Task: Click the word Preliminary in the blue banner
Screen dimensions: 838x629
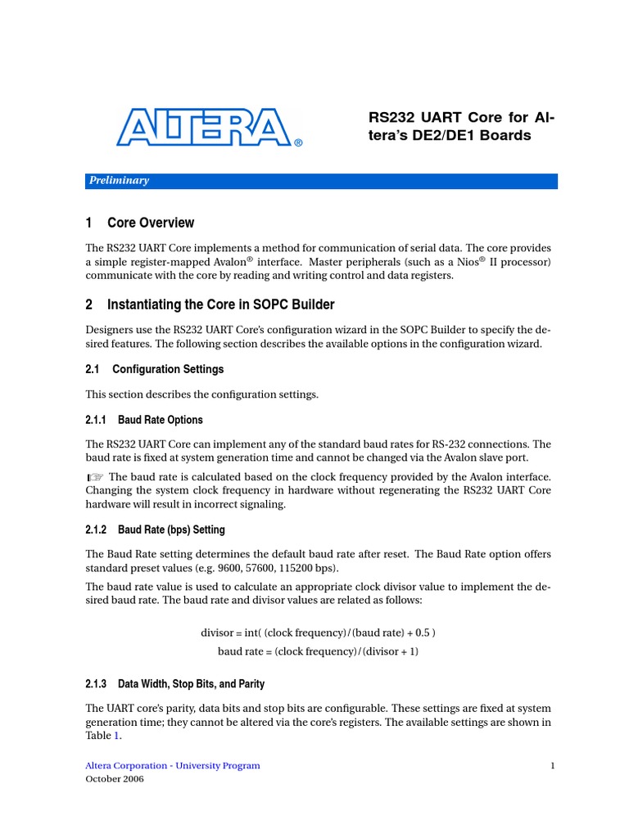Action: (x=120, y=181)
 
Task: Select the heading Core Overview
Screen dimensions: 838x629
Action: (x=151, y=223)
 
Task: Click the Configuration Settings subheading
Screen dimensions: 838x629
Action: (x=168, y=369)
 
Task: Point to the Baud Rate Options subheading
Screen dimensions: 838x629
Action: (x=161, y=420)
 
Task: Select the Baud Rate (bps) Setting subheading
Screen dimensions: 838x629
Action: (x=171, y=529)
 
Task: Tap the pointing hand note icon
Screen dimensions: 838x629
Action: (x=96, y=477)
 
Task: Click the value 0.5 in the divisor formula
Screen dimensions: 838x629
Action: (x=419, y=633)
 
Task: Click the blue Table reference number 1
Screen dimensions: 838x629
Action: (x=116, y=736)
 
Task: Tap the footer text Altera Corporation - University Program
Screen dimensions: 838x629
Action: (x=173, y=766)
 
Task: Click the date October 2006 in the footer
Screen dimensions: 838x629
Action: (x=115, y=780)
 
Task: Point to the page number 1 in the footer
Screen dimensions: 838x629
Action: (x=554, y=766)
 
